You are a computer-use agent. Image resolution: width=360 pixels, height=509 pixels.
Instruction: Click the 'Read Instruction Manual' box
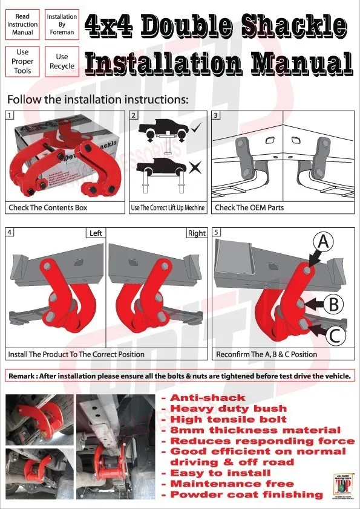pos(23,24)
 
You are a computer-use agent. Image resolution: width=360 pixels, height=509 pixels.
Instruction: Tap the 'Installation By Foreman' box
pos(62,24)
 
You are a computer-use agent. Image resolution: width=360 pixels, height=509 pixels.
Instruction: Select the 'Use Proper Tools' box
pos(23,62)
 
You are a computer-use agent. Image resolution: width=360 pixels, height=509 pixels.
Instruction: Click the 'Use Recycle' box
pos(62,62)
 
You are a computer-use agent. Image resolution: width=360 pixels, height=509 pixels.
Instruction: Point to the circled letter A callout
pos(323,242)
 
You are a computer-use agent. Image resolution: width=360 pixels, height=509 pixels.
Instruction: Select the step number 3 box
pos(217,115)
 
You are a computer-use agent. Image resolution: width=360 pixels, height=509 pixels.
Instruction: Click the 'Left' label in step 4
pos(96,233)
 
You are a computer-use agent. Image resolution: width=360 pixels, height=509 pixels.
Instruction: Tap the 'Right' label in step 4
pos(197,233)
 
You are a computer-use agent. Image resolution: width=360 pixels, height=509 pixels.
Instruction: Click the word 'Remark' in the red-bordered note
pos(21,376)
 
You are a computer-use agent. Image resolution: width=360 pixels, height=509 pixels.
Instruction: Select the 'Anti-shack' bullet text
pos(208,398)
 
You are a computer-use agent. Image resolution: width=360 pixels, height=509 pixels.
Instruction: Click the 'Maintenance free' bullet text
pos(232,484)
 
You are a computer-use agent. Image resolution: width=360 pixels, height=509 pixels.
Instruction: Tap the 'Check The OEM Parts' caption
pos(249,207)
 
